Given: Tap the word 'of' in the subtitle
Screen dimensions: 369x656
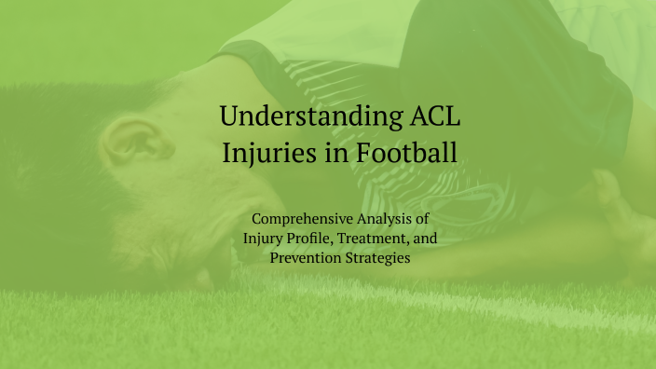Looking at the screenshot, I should (x=439, y=220).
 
